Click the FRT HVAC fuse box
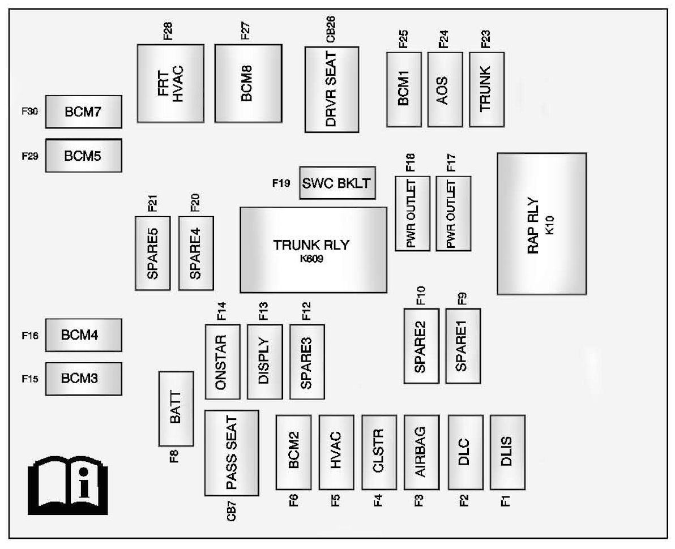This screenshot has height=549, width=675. (170, 83)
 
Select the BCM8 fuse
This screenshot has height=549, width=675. (248, 83)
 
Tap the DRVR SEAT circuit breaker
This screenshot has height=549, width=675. (332, 89)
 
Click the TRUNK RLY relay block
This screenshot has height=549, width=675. (313, 250)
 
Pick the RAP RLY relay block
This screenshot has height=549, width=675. (541, 224)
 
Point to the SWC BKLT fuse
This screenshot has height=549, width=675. (337, 183)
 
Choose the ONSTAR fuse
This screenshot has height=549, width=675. (222, 362)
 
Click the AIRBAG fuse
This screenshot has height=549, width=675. (421, 452)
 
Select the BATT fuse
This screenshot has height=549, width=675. (176, 409)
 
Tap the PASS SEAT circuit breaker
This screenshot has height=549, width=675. (232, 453)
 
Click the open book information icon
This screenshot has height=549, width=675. (67, 486)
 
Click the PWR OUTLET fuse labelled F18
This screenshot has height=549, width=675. (413, 213)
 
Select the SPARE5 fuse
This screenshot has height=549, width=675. (152, 253)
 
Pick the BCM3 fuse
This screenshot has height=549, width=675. (83, 379)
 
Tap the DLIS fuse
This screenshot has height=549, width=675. (507, 452)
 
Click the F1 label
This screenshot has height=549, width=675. (506, 500)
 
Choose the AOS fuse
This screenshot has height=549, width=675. (445, 89)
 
